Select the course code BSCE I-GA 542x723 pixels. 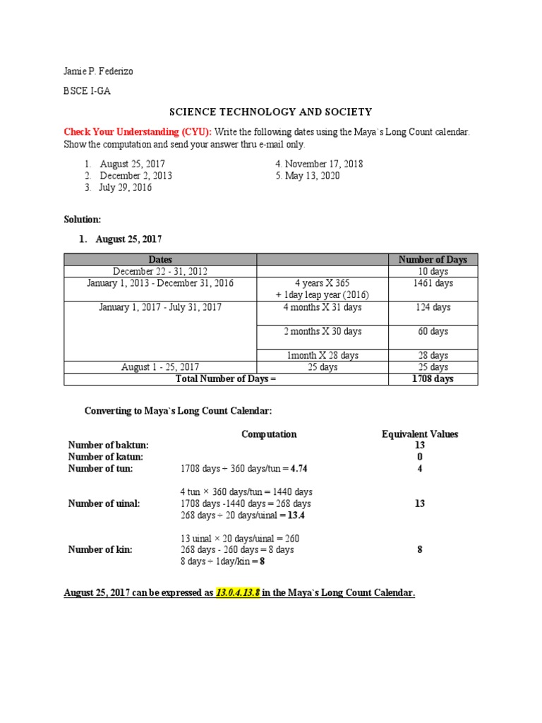pos(88,91)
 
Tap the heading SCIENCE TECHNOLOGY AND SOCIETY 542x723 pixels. pos(270,112)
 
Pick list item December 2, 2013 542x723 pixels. pos(135,176)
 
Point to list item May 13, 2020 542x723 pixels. pos(308,176)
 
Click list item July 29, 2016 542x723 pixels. pos(126,188)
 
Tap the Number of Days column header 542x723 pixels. pos(433,260)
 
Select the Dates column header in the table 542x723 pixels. pos(160,260)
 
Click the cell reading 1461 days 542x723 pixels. pos(433,283)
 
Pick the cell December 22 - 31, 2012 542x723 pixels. pos(160,271)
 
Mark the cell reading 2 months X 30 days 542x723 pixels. pos(322,331)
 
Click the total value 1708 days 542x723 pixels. pos(433,379)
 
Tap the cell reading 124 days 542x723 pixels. pos(433,307)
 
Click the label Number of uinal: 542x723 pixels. pos(104,503)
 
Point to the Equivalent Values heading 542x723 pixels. pos(419,434)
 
